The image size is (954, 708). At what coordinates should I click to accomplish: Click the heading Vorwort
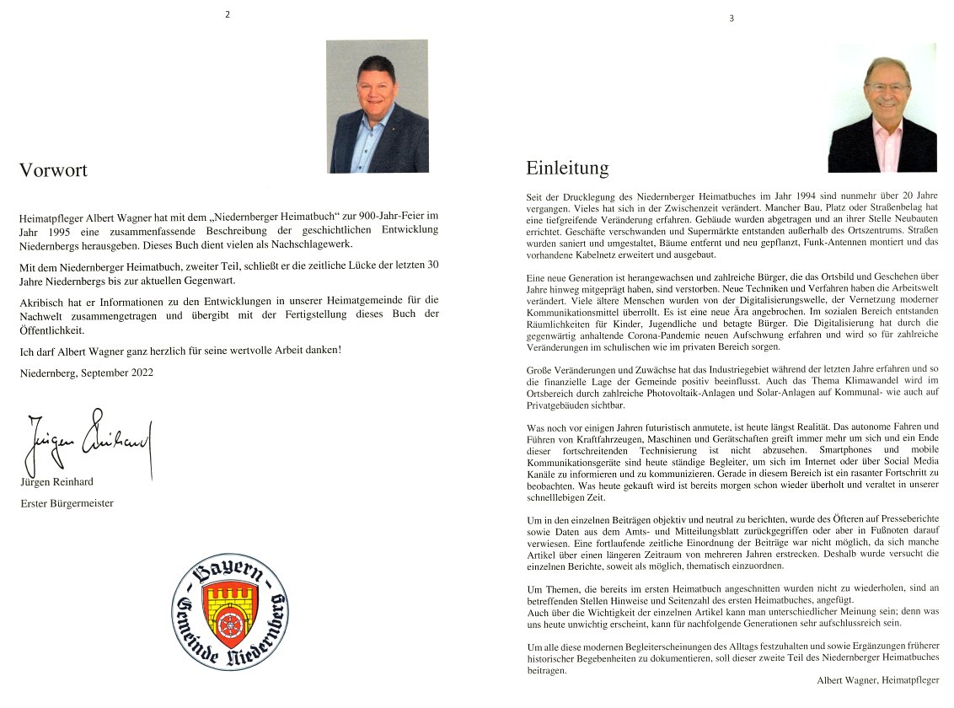coord(53,170)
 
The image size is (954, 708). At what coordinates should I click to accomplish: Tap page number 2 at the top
coord(226,15)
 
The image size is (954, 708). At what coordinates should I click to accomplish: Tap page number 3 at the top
coord(731,19)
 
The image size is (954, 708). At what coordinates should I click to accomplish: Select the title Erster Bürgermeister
coord(67,503)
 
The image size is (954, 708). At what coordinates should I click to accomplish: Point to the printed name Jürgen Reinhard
coord(56,482)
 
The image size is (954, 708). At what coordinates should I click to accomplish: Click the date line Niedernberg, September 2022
coord(86,372)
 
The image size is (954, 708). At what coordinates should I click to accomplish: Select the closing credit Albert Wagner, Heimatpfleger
coord(877,679)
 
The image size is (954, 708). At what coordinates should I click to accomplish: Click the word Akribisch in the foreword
coord(41,300)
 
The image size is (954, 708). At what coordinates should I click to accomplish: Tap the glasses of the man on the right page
coord(887,87)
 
